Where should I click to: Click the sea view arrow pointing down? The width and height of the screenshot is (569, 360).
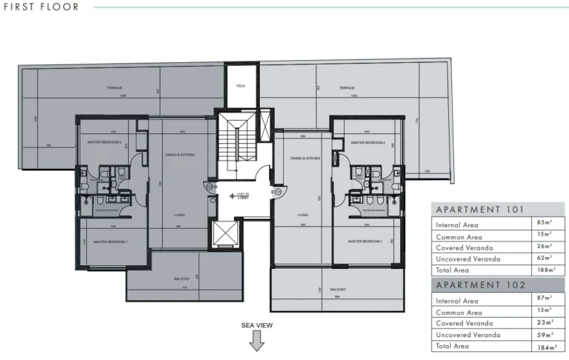click(257, 341)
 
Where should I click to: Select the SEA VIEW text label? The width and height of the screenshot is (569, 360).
click(257, 325)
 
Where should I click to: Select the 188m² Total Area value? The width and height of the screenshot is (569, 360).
click(547, 270)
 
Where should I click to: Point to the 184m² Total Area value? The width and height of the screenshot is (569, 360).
click(547, 346)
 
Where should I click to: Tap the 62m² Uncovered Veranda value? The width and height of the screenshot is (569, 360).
click(547, 258)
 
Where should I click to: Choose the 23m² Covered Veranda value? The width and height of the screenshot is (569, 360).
click(547, 323)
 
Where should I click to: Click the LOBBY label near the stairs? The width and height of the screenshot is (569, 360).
click(242, 198)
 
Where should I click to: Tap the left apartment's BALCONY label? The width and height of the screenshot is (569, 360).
click(182, 279)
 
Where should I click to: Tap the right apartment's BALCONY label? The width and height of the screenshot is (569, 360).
click(338, 290)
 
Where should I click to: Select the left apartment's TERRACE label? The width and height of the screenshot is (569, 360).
click(114, 87)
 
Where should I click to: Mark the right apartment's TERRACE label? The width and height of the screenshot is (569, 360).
click(347, 87)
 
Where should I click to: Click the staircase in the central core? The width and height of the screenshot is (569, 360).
click(236, 144)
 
